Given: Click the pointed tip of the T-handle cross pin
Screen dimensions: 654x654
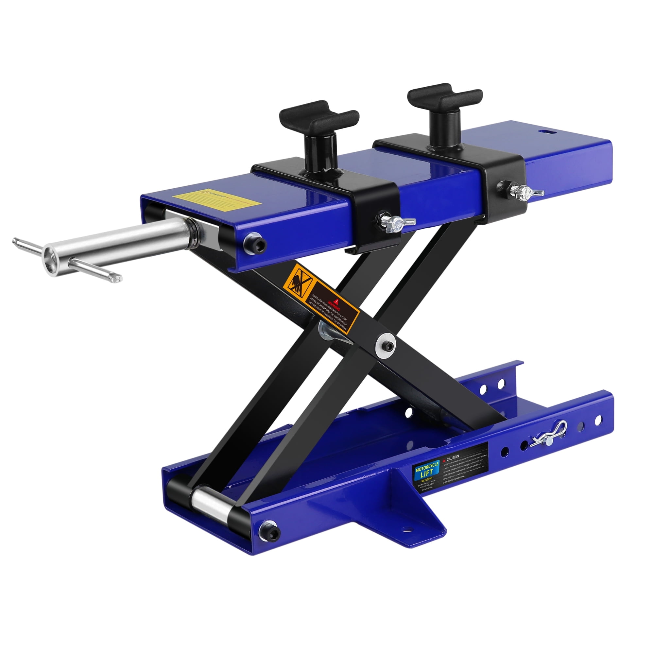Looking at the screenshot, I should click(118, 278).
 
